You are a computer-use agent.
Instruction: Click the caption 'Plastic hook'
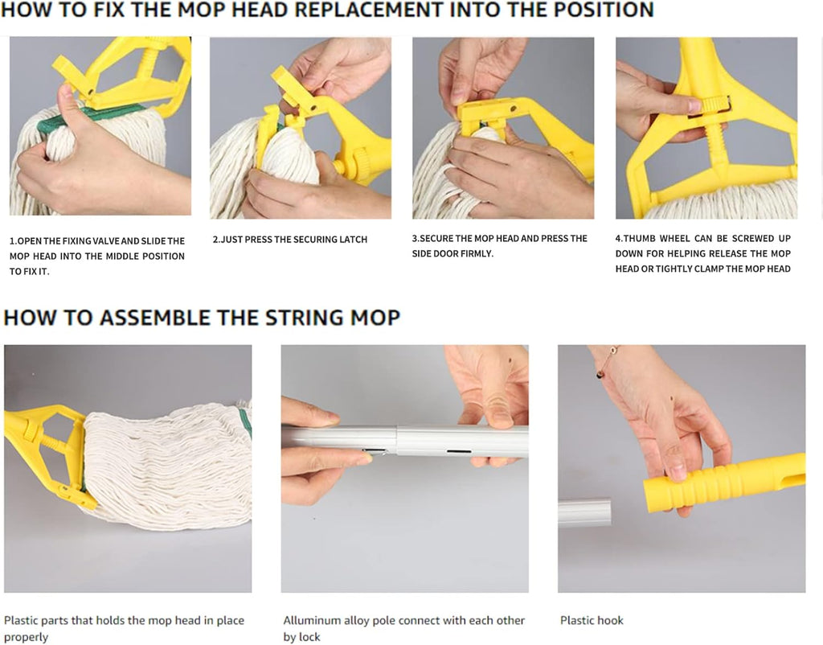click(x=592, y=620)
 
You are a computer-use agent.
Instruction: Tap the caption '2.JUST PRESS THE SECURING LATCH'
click(x=289, y=240)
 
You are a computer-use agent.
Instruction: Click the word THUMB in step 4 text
click(x=643, y=239)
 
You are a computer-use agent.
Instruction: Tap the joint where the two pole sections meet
click(x=395, y=441)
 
